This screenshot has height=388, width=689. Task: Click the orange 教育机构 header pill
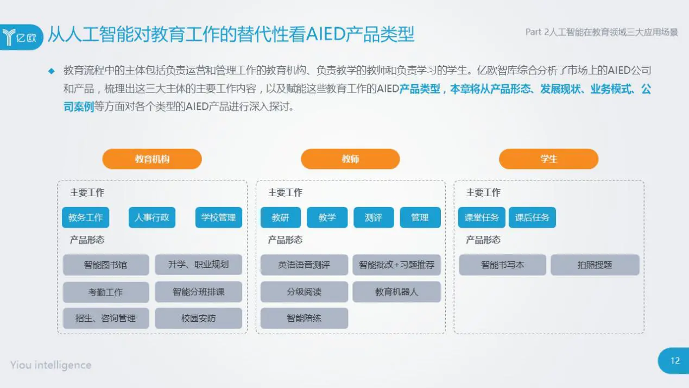pos(152,159)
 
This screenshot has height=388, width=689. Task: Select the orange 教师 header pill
pos(350,159)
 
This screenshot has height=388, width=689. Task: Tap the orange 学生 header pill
pos(548,159)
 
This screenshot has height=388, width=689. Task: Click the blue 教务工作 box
pos(85,217)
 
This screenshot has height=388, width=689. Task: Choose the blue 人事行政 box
pos(152,217)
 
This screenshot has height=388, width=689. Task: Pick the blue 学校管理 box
pos(218,217)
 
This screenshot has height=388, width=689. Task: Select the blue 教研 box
pos(280,217)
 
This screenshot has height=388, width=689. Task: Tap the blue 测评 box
pos(374,217)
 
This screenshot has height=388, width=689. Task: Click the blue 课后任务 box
pos(532,217)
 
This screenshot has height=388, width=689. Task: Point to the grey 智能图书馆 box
pos(105,265)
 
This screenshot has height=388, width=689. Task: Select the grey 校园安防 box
pos(198,318)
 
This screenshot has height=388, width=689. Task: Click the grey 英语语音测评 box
pos(304,265)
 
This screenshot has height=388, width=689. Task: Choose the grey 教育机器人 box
pos(396,292)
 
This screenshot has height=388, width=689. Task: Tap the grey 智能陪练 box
pos(304,318)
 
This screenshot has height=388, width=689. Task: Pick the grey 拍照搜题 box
pos(595,265)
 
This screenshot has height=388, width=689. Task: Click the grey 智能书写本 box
pos(502,265)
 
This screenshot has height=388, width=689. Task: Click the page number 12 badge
pos(675,361)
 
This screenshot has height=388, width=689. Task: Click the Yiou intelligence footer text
pos(50,365)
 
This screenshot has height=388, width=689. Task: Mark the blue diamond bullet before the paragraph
pos(52,71)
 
